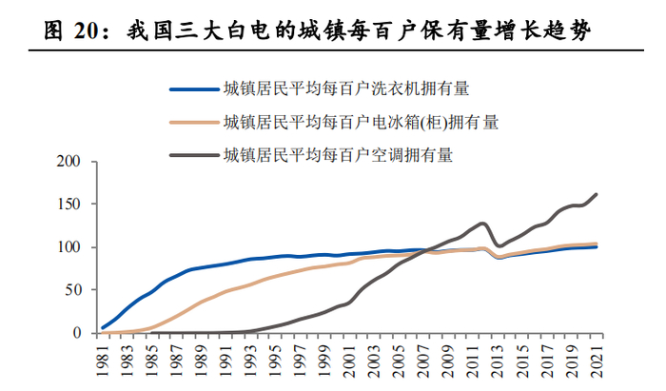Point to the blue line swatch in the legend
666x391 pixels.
[x=194, y=90]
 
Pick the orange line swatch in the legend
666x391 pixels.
[x=194, y=122]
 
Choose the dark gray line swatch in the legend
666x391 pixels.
[x=194, y=152]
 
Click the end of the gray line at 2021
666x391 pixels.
[x=597, y=194]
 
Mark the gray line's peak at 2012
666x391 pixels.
[x=484, y=224]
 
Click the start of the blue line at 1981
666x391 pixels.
[x=103, y=328]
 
